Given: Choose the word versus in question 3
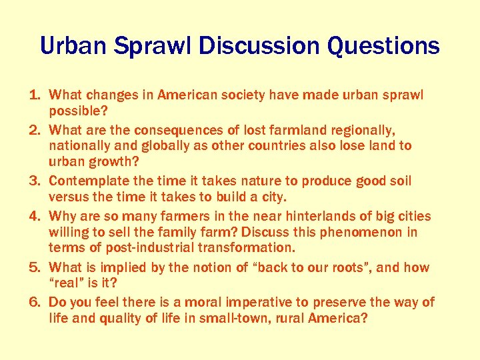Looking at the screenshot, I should click(69, 197).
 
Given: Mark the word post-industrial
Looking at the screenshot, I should click(133, 248).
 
